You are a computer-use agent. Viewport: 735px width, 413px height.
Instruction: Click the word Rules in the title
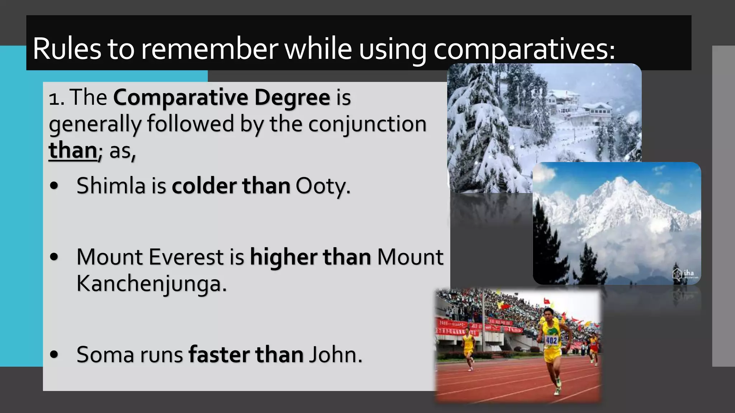click(67, 49)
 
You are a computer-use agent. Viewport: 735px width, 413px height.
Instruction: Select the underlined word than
click(73, 150)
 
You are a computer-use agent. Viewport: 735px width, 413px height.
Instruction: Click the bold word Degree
click(292, 98)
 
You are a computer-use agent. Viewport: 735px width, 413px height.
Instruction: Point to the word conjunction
click(367, 124)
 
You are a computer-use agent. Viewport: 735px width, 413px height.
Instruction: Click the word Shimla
click(111, 186)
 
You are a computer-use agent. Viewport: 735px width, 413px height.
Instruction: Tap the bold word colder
click(204, 186)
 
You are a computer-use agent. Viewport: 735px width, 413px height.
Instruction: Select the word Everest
click(186, 257)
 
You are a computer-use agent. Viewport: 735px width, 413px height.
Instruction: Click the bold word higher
click(283, 257)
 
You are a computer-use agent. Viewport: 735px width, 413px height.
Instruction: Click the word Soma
click(105, 355)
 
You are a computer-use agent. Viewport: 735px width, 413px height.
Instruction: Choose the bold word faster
click(219, 355)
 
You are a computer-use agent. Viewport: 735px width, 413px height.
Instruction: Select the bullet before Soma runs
click(54, 354)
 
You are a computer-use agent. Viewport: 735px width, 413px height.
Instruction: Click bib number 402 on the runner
click(551, 340)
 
